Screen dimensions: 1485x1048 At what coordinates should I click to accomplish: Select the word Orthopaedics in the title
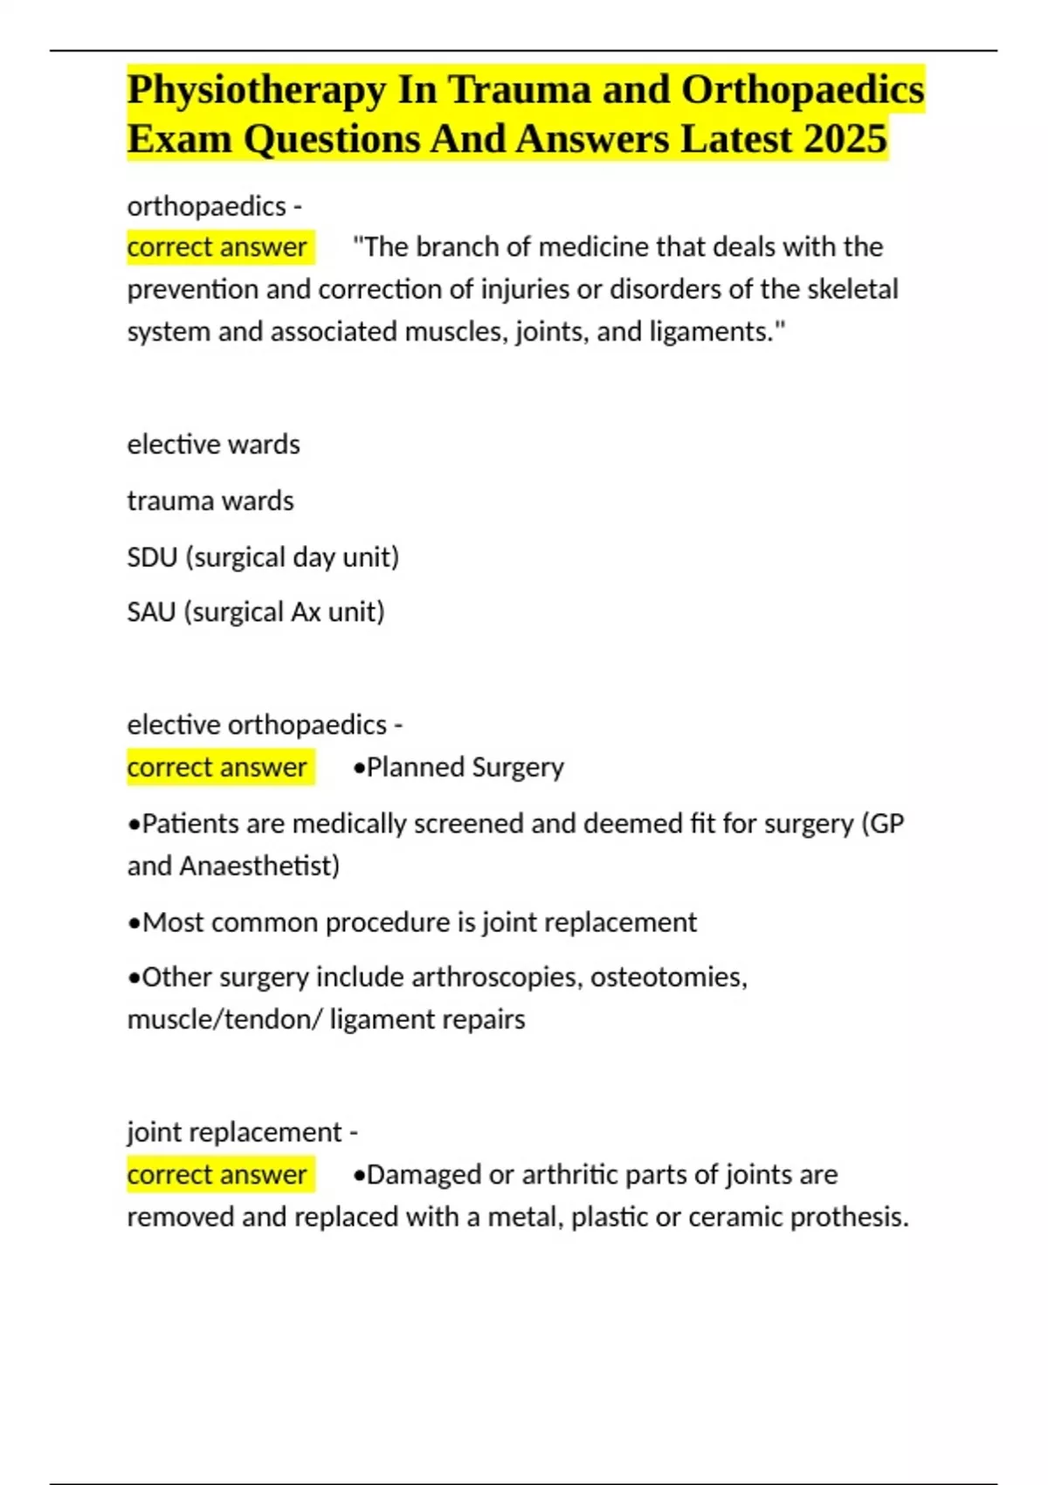click(803, 91)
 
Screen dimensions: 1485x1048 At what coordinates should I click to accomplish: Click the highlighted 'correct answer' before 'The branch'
click(217, 247)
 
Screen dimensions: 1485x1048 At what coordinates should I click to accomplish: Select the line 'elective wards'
click(213, 445)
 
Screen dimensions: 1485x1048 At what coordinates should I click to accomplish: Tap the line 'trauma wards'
click(210, 501)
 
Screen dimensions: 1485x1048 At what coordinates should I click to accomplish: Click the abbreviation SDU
click(152, 557)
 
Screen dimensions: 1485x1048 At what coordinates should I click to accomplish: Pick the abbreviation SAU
click(151, 612)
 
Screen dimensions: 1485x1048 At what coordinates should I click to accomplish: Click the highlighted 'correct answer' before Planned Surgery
click(217, 767)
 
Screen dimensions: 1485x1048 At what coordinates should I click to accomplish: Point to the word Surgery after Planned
click(518, 767)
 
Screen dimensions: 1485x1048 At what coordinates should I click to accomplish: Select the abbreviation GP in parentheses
click(886, 824)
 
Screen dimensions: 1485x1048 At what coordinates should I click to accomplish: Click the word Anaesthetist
click(259, 866)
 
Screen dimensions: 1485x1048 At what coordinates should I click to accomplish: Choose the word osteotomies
click(668, 977)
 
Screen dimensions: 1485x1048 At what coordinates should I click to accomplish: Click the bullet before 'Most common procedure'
click(134, 923)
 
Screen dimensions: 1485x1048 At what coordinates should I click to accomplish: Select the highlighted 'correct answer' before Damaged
click(217, 1175)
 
